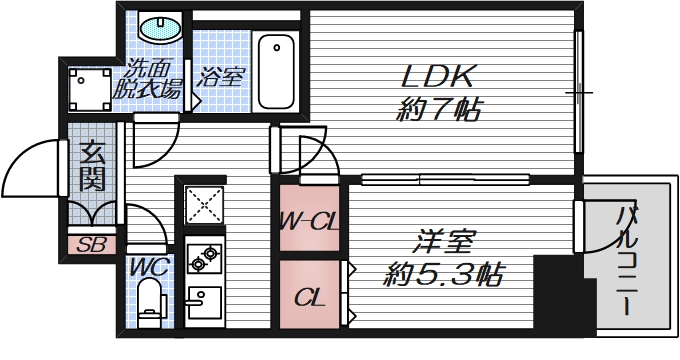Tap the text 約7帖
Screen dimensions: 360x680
[436, 109]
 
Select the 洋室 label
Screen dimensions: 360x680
[444, 242]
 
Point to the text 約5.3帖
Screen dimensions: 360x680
[444, 272]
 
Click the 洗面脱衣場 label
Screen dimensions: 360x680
[153, 80]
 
